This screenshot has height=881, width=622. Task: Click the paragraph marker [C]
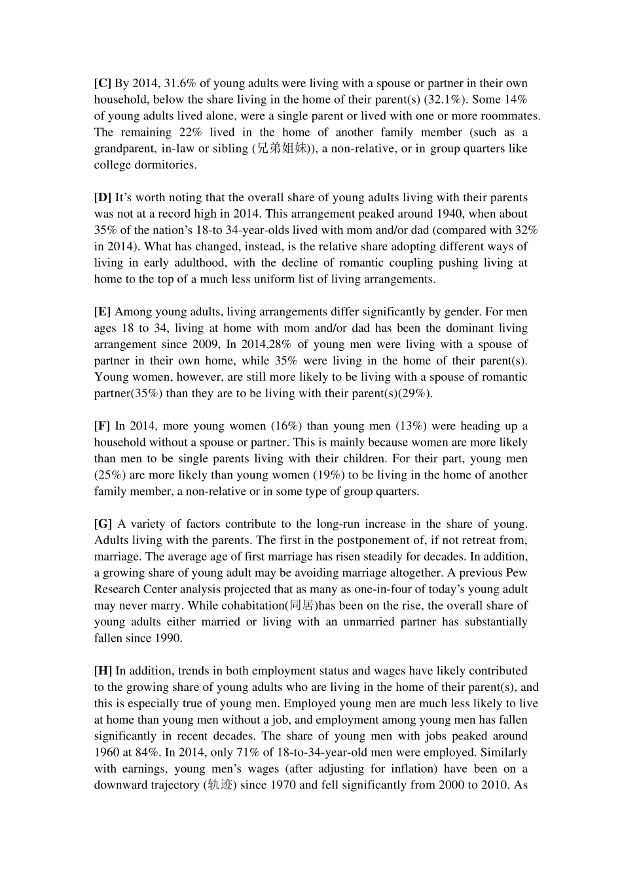[102, 83]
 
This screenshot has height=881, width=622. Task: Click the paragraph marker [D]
[102, 197]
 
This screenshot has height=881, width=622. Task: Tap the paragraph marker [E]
[102, 311]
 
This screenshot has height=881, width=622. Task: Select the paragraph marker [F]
[101, 426]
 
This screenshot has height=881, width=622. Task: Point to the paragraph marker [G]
[103, 524]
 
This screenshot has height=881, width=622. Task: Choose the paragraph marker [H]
[103, 671]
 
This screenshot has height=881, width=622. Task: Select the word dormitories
[164, 165]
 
